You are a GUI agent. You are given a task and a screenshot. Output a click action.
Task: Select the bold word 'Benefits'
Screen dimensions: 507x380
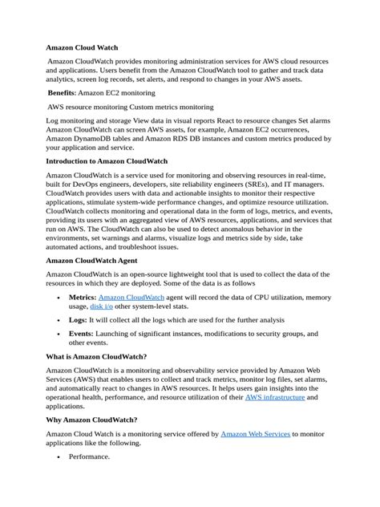(x=68, y=93)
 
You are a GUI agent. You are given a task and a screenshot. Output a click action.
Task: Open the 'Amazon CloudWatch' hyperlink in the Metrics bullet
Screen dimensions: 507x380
(x=131, y=297)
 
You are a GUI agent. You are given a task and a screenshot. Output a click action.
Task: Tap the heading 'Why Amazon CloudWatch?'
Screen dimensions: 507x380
(x=91, y=420)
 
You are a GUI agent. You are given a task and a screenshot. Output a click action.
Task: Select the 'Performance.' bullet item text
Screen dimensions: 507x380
(x=89, y=456)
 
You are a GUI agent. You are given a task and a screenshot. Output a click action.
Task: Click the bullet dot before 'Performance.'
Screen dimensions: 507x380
(x=61, y=456)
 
